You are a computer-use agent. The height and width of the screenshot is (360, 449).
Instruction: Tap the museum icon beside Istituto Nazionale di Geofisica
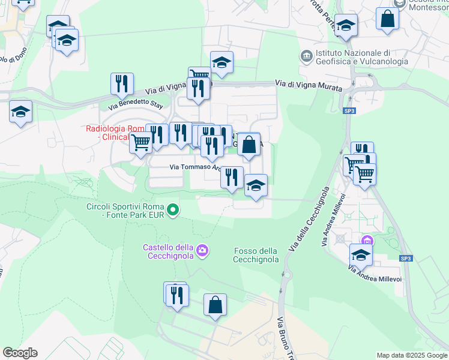pos(307,56)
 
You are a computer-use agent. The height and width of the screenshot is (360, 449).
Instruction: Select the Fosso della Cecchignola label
pos(256,255)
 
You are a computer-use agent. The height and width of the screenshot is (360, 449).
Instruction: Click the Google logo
pos(20,353)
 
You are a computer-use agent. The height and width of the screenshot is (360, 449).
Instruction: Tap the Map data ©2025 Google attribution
pos(412,355)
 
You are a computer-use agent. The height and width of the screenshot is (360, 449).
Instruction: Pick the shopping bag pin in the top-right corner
pos(388,19)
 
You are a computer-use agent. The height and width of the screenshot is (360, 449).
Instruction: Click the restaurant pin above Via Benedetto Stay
pos(122,83)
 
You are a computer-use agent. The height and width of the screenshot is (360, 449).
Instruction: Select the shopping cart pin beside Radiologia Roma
pos(140,144)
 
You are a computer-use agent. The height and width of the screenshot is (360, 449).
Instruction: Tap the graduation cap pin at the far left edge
pos(20,112)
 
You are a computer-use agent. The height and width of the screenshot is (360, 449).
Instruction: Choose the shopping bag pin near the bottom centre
pos(215,305)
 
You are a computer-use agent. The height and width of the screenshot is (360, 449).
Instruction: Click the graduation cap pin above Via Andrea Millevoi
pos(361,255)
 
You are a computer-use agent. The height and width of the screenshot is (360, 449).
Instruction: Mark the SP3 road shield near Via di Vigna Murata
pos(349,111)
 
